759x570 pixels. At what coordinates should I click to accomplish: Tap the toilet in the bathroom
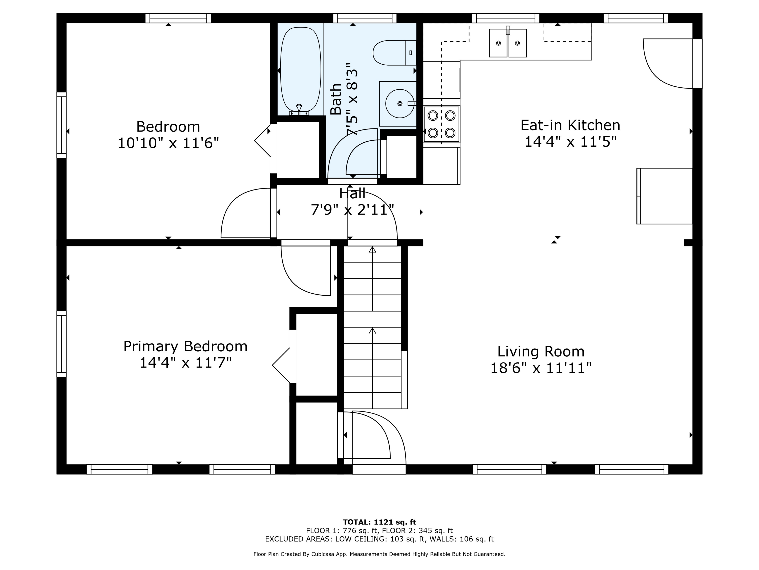395,53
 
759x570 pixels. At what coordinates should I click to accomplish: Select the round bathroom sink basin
400,103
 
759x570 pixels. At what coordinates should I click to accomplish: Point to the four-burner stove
441,124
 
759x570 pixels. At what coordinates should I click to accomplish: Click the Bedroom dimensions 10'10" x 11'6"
168,143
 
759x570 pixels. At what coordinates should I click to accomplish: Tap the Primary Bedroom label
185,346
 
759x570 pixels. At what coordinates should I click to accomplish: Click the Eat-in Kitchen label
570,125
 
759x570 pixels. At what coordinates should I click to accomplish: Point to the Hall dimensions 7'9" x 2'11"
352,210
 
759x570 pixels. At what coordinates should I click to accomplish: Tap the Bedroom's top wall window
178,18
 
